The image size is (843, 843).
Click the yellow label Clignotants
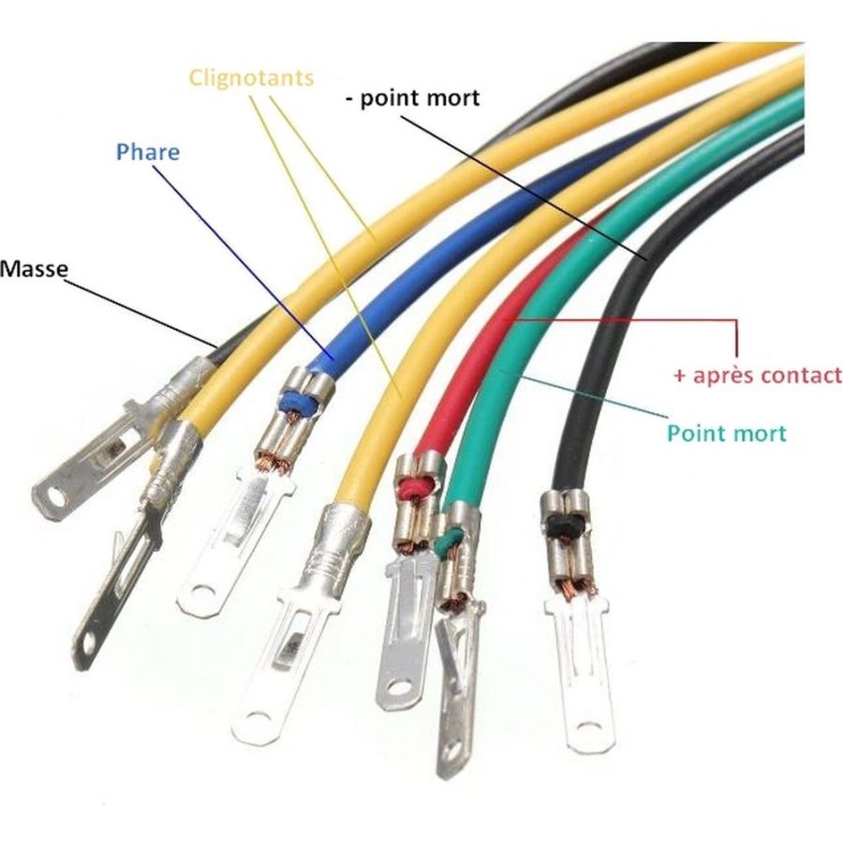(251, 79)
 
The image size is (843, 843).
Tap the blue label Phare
(148, 152)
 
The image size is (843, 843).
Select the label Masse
(34, 269)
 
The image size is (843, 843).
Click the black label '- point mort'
(412, 98)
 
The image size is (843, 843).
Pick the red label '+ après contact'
(758, 375)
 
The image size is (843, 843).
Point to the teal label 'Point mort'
(726, 434)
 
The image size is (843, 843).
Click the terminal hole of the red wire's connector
(399, 688)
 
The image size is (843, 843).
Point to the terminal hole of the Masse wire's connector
(56, 496)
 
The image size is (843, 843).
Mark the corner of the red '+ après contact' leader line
(736, 320)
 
